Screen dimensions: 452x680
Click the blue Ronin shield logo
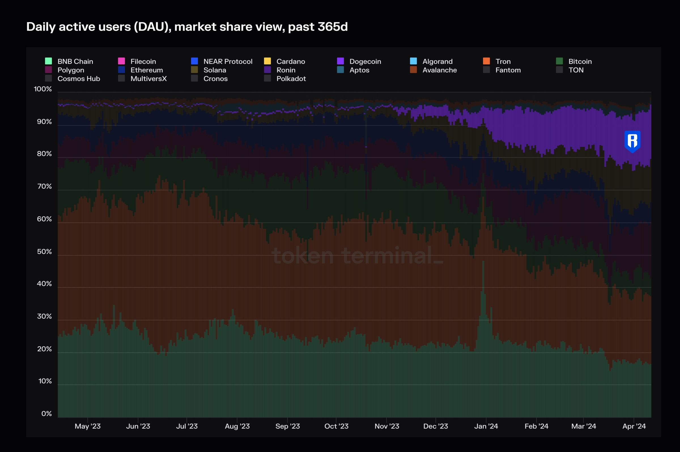tap(632, 141)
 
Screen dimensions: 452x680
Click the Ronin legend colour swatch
tap(267, 70)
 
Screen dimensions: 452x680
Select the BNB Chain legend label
tap(75, 61)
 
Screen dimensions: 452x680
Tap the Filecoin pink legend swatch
tap(121, 61)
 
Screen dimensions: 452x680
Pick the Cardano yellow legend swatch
tap(267, 61)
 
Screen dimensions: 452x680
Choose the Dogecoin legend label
tap(365, 61)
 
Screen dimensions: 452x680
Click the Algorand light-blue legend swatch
tap(413, 61)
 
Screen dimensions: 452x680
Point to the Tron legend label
tap(503, 61)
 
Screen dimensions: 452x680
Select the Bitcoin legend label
tap(580, 61)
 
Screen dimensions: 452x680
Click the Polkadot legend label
tap(291, 79)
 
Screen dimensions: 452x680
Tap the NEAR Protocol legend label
tap(228, 61)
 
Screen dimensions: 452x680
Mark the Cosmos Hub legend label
tap(79, 79)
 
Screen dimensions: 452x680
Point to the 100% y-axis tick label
tap(43, 89)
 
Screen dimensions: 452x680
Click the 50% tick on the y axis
tap(44, 252)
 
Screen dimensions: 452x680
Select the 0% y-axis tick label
tap(46, 414)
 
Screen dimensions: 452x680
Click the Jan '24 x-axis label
tap(486, 426)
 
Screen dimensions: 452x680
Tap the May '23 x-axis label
tap(88, 426)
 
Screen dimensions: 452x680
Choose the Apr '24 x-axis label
tap(634, 426)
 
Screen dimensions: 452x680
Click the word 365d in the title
tap(333, 27)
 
